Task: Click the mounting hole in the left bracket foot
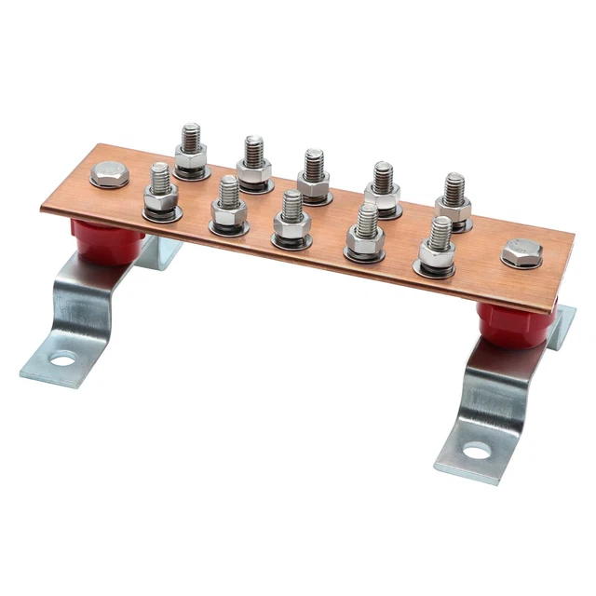click(x=62, y=357)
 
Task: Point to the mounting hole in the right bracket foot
click(x=476, y=452)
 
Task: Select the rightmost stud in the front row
click(x=438, y=243)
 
